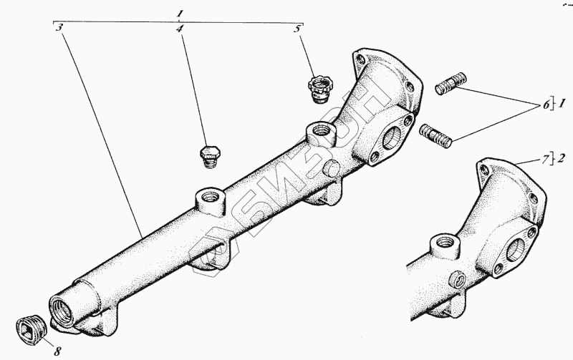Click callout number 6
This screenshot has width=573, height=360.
(x=546, y=105)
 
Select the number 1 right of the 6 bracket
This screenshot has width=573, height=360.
(x=562, y=105)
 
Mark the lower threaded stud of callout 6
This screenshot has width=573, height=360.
(x=435, y=135)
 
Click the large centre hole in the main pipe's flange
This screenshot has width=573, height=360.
(x=393, y=137)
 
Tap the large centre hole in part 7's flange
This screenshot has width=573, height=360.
(x=519, y=248)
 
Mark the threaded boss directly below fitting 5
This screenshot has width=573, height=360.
(x=319, y=132)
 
